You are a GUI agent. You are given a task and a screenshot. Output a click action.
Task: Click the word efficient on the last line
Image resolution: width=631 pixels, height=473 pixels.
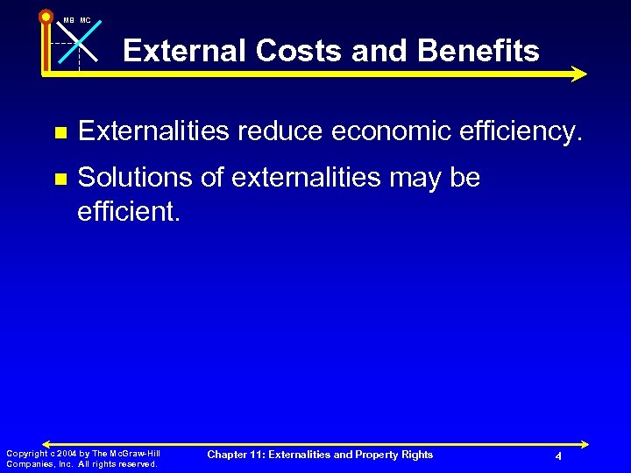pyautogui.click(x=128, y=211)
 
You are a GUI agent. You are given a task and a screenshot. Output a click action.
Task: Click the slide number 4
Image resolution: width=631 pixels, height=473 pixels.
pyautogui.click(x=558, y=457)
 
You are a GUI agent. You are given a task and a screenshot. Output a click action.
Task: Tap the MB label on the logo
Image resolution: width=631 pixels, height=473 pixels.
pyautogui.click(x=68, y=20)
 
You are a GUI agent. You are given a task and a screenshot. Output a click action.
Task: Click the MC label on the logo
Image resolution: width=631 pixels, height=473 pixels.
pyautogui.click(x=85, y=20)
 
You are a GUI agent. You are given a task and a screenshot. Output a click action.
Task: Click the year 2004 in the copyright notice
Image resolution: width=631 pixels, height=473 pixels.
pyautogui.click(x=64, y=454)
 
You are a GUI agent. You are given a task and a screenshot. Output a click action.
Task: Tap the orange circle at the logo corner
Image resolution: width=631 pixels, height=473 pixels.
pyautogui.click(x=46, y=17)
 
